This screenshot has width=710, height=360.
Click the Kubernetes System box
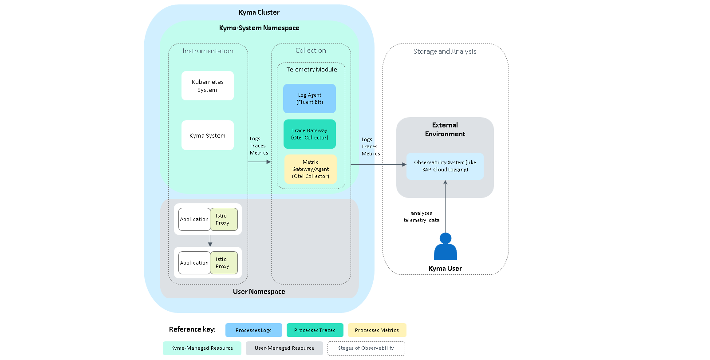click(x=208, y=86)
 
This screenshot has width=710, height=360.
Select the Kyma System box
click(x=208, y=135)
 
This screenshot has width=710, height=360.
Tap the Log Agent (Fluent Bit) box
click(x=309, y=99)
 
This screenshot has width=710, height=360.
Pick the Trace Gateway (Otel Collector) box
click(x=310, y=134)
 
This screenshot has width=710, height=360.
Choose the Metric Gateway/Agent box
click(x=311, y=169)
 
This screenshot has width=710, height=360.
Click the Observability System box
click(x=445, y=166)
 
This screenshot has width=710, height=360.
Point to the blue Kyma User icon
click(x=446, y=246)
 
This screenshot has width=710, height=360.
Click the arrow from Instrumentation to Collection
click(x=259, y=162)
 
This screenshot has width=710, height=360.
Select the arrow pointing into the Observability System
click(x=379, y=164)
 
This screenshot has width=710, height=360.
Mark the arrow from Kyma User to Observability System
click(x=446, y=206)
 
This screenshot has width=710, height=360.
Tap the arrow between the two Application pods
click(x=210, y=241)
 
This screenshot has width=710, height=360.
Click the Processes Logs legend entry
click(x=253, y=330)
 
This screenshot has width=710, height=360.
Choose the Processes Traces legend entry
click(x=315, y=330)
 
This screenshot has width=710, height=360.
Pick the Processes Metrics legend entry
click(x=377, y=330)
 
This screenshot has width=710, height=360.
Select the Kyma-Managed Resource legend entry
click(x=202, y=348)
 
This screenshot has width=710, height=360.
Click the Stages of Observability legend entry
click(x=366, y=348)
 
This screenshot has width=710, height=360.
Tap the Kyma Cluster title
click(x=259, y=12)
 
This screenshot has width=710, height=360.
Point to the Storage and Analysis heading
click(x=445, y=51)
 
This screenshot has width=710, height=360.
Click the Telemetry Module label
click(x=312, y=69)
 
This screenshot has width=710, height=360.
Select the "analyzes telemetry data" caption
click(x=422, y=217)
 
